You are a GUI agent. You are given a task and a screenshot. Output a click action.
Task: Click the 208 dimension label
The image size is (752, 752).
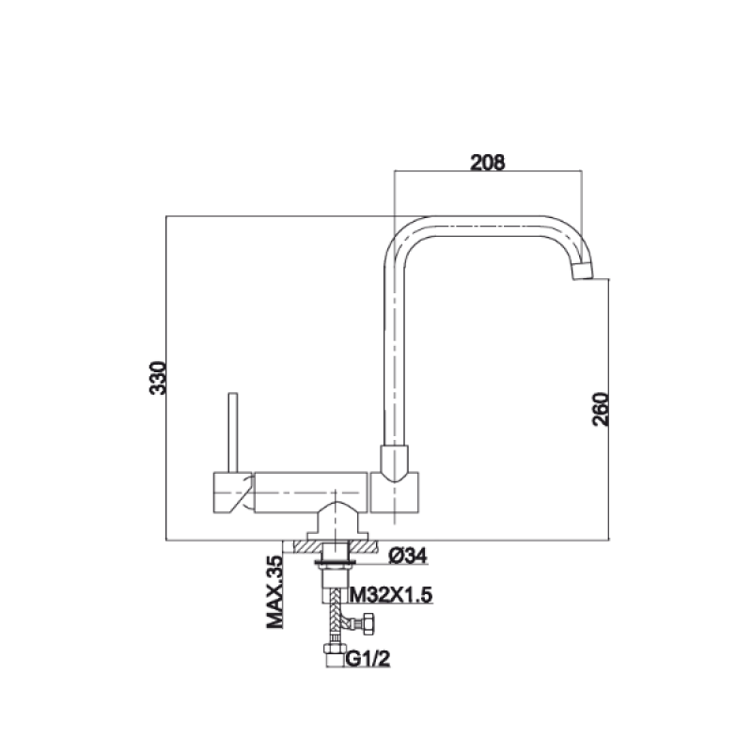coord(487,163)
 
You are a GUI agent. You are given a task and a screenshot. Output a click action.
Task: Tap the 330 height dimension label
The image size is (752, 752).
coord(158,378)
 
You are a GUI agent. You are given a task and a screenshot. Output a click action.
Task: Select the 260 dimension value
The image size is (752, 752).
coord(601,409)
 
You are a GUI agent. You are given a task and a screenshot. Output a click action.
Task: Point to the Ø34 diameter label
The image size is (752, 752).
coord(408,556)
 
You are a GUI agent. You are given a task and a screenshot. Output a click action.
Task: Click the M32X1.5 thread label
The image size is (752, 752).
coord(391,595)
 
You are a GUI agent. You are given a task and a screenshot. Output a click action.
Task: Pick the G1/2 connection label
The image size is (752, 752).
coord(368,659)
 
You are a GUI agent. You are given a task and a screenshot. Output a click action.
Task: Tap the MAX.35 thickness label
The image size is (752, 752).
coord(275,592)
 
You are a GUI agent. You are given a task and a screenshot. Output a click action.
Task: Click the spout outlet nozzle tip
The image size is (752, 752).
coord(583,271)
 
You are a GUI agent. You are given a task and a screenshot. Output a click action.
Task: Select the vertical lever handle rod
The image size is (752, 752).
coord(233,432)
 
